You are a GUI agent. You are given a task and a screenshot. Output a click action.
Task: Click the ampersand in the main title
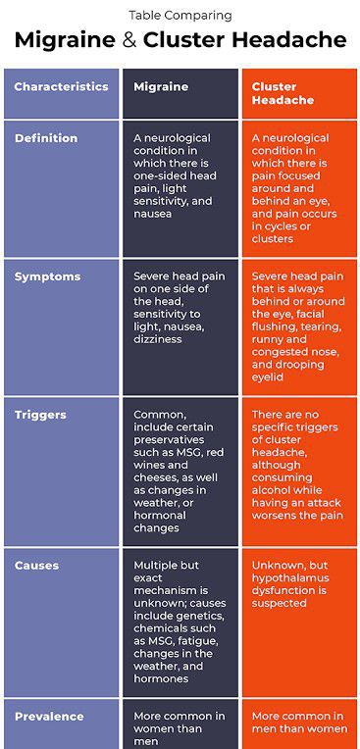coord(129,40)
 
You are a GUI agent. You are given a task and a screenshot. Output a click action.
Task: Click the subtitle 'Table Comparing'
coord(180,15)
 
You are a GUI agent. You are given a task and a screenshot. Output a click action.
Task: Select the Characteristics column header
coord(61,86)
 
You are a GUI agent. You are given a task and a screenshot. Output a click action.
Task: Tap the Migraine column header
coord(161,86)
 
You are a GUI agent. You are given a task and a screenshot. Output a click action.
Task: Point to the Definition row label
coord(46,138)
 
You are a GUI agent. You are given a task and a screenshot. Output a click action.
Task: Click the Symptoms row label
coord(47,276)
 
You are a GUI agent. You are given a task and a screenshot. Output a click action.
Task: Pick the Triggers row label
coord(40,415)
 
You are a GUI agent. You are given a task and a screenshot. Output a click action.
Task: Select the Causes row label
coord(36,566)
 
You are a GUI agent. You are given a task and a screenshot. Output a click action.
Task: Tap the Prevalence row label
coord(49,717)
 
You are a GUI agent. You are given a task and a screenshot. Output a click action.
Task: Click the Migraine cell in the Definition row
coord(180,175)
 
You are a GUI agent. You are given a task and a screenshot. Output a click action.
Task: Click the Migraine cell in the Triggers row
coord(180,471)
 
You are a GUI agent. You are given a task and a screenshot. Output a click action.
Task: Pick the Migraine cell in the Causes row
coord(180,622)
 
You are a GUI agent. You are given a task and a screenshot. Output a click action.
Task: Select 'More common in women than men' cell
coord(180,729)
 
